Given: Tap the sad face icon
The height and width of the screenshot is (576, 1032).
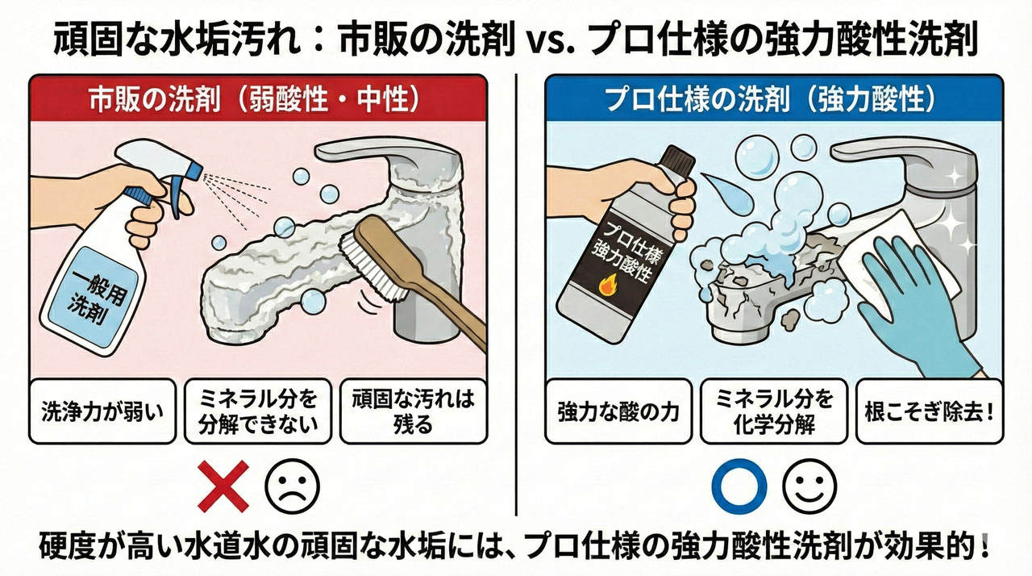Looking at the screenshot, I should (x=293, y=486).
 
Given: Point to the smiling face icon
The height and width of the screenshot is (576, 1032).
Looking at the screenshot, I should (x=809, y=486).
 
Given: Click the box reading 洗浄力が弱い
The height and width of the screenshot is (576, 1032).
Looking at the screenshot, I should (x=102, y=411).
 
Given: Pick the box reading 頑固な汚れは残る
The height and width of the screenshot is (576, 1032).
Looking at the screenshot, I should (x=413, y=411).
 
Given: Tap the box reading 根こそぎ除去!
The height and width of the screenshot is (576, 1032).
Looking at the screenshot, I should (x=928, y=411).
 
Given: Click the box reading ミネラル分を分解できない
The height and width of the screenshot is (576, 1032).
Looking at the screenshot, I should (x=257, y=411).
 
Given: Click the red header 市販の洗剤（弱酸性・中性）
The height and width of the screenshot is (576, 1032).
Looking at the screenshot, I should (x=258, y=98).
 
